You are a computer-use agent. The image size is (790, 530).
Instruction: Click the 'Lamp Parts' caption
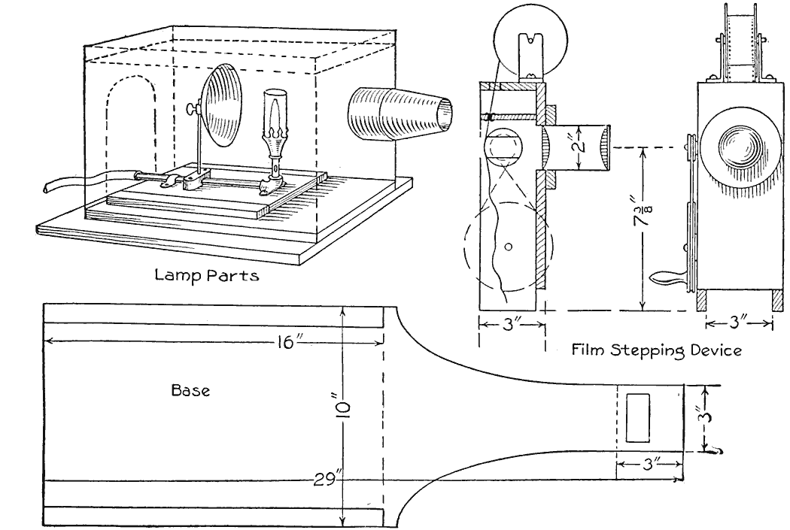pyautogui.click(x=207, y=275)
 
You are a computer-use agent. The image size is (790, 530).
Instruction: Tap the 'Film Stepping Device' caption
pyautogui.click(x=656, y=350)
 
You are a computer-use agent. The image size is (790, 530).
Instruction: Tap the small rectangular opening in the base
pyautogui.click(x=639, y=417)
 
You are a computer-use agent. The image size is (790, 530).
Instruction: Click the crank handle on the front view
pyautogui.click(x=668, y=280)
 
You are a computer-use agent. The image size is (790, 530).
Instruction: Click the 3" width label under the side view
pyautogui.click(x=512, y=325)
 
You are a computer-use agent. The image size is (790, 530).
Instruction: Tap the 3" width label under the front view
pyautogui.click(x=739, y=325)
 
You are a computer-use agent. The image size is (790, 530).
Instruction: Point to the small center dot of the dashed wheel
pyautogui.click(x=508, y=246)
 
